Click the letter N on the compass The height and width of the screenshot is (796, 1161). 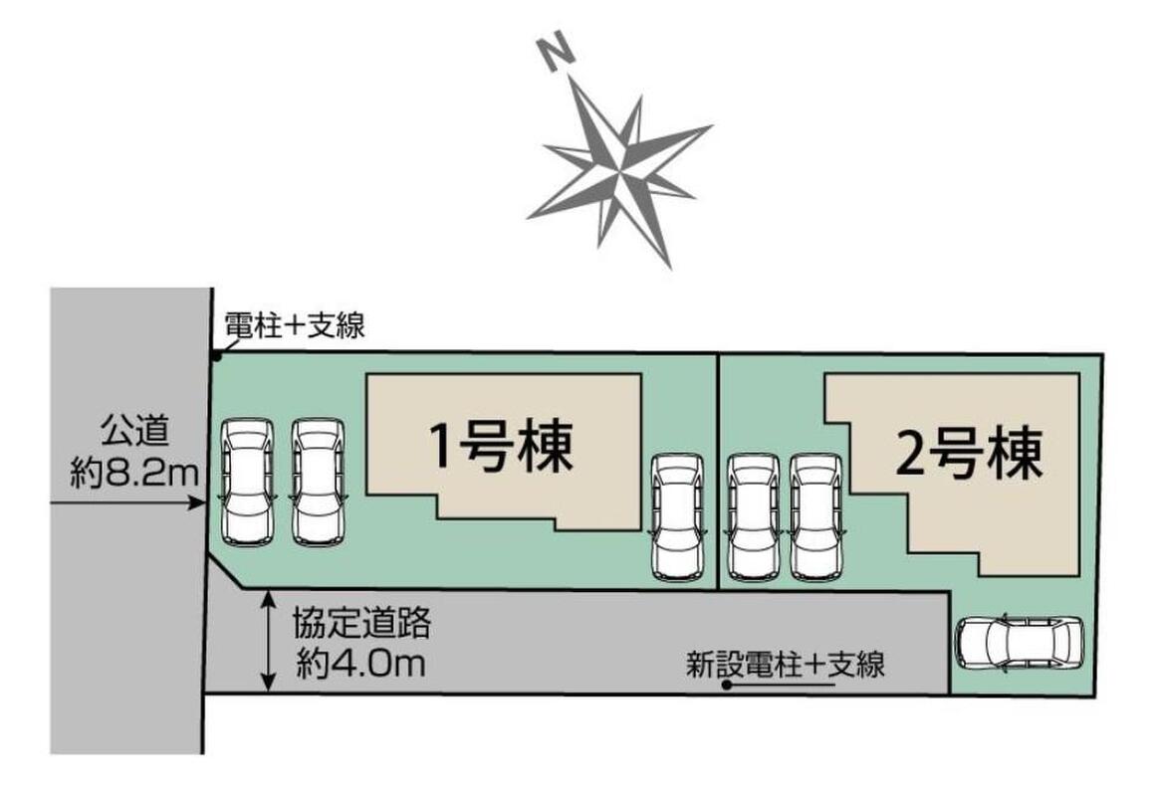(x=557, y=55)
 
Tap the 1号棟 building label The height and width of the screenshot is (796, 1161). (x=502, y=448)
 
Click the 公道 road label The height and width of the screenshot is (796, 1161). (x=134, y=431)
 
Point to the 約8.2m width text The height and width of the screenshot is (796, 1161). (x=134, y=472)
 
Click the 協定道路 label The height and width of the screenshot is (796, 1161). (x=361, y=624)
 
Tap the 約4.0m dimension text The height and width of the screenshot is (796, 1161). (x=361, y=664)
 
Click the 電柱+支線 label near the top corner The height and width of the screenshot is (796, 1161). (x=295, y=324)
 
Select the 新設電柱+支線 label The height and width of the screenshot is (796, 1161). (x=786, y=664)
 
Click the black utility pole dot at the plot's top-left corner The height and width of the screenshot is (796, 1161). (x=216, y=357)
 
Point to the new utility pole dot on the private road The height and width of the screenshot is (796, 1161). (x=727, y=686)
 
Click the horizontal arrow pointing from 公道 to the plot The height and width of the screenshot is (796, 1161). (x=126, y=503)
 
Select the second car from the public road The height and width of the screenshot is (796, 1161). (x=318, y=483)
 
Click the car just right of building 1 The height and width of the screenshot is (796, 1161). (x=677, y=516)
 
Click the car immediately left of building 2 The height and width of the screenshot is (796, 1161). (x=816, y=516)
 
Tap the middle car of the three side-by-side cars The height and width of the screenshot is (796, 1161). (x=754, y=516)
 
